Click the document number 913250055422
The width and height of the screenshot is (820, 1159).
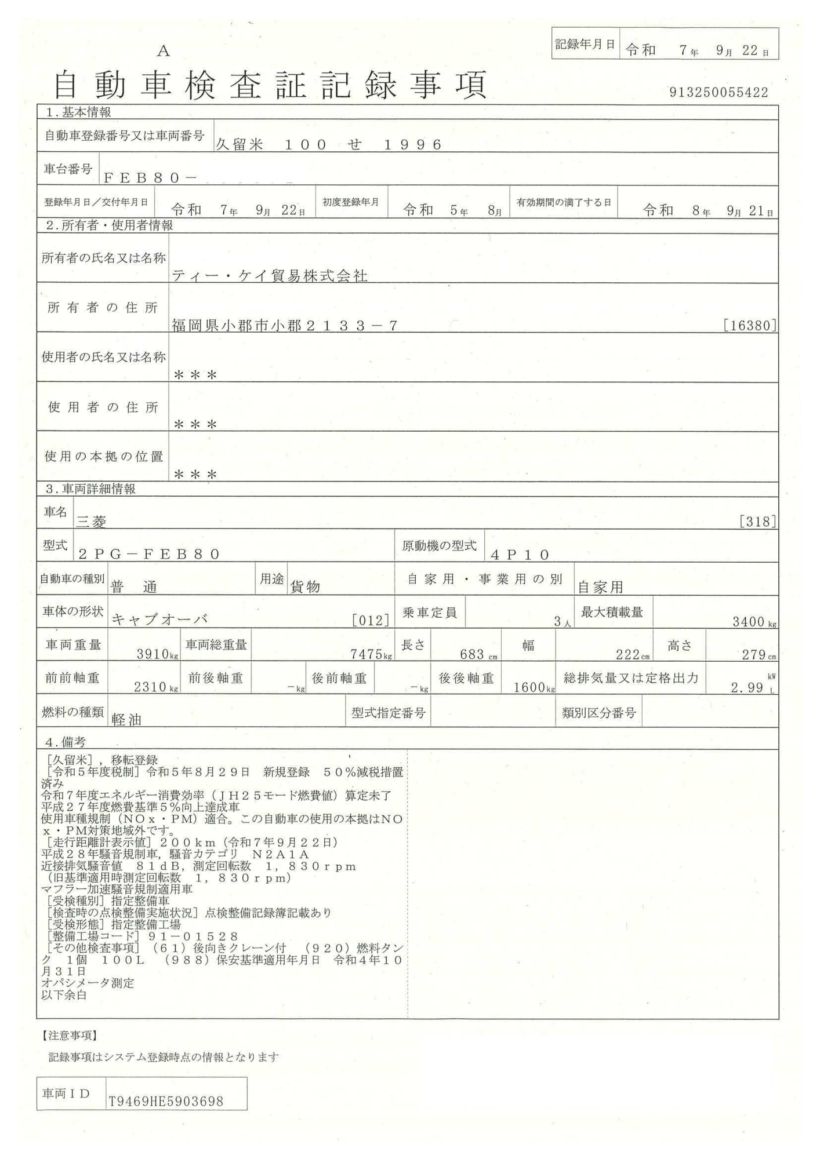[x=719, y=92]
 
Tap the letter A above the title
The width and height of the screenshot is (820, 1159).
[x=164, y=52]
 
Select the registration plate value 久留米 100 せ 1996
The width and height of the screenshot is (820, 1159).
[x=329, y=144]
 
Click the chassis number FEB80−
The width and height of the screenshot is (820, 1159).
[x=150, y=178]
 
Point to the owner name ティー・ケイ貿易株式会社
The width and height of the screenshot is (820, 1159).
[x=269, y=276]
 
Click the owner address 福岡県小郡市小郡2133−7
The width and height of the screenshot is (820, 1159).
[x=285, y=326]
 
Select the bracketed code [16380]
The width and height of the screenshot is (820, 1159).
[x=749, y=326]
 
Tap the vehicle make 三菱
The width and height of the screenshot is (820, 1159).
[x=92, y=522]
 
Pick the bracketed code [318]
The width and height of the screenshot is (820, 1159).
[x=757, y=522]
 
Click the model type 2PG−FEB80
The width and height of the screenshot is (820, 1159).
[x=149, y=554]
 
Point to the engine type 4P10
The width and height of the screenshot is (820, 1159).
[x=520, y=555]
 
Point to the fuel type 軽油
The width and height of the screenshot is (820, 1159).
[x=126, y=719]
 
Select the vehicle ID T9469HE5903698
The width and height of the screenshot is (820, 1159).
[x=166, y=1102]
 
